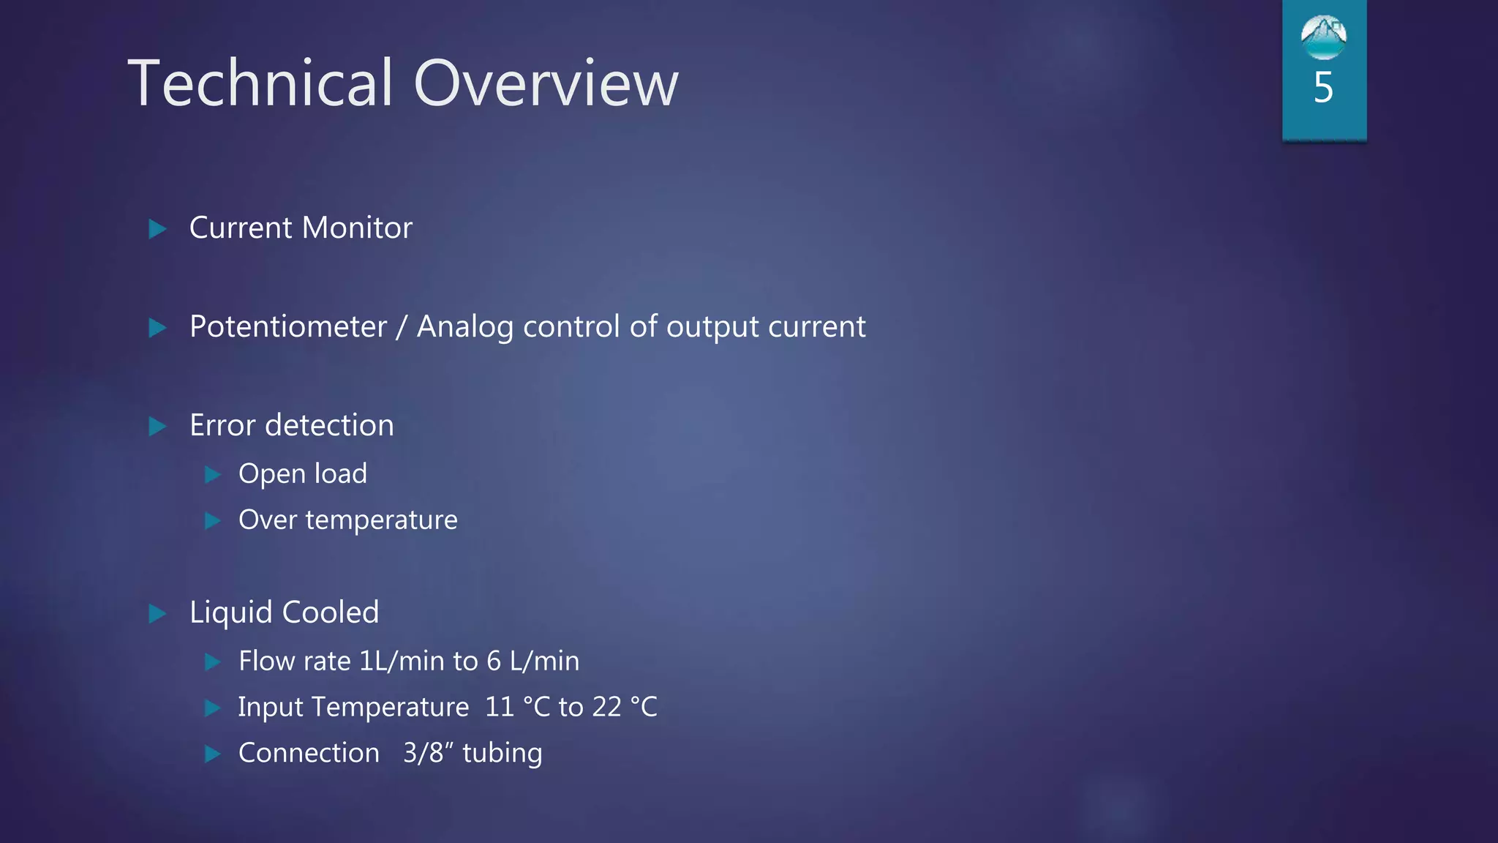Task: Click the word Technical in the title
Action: (x=260, y=83)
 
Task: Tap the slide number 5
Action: (x=1323, y=88)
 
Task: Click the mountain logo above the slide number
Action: (x=1323, y=37)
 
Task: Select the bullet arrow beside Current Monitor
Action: (x=157, y=229)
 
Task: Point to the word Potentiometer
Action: (x=287, y=327)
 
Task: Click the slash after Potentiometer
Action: (x=401, y=327)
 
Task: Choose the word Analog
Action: (x=464, y=327)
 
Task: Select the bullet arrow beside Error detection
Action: (x=157, y=426)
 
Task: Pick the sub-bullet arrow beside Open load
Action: (x=212, y=475)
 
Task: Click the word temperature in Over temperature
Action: (x=381, y=520)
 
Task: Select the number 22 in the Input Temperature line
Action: (x=606, y=708)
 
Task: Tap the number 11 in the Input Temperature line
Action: (x=500, y=708)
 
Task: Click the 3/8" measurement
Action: (x=425, y=753)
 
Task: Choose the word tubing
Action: (x=503, y=754)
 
